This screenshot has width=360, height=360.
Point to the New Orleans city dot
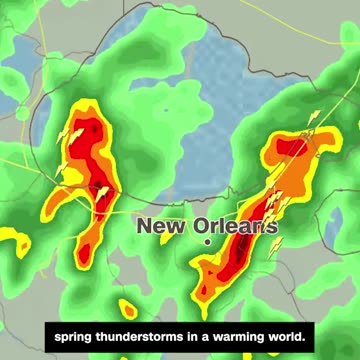(207, 242)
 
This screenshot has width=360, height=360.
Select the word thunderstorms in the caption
(149, 332)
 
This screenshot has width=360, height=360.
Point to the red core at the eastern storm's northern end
(289, 150)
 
